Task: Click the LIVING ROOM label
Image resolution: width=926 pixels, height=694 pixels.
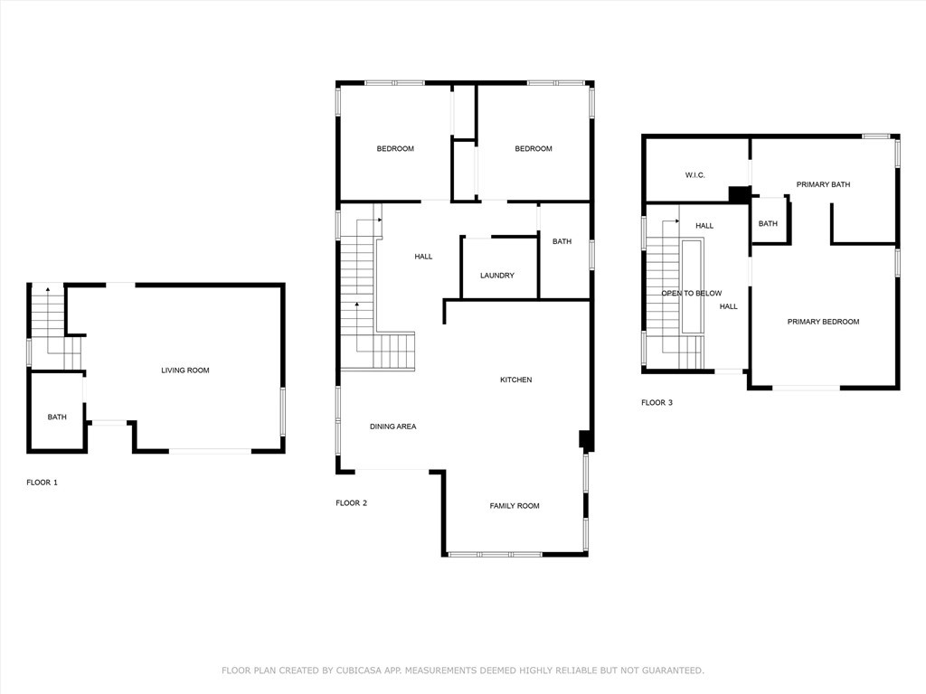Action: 185,370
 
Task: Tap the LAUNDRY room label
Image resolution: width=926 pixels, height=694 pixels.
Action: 497,275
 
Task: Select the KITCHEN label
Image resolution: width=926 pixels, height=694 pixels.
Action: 516,380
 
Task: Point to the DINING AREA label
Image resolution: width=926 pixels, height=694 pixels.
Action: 392,427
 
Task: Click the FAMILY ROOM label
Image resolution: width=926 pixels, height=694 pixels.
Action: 515,505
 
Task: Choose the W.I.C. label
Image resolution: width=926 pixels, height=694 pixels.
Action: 695,174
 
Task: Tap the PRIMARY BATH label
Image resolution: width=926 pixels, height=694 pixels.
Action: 823,184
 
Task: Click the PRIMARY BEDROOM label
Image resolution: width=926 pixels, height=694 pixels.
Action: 823,321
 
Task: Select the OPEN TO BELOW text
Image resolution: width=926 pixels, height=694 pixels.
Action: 692,293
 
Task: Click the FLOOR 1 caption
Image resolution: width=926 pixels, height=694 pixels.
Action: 42,483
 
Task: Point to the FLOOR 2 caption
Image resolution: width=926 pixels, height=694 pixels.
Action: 352,502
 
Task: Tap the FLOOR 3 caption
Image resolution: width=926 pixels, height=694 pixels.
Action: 657,402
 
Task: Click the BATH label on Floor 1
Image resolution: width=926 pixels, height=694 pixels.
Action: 57,417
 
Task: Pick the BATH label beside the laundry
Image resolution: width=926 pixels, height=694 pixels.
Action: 562,240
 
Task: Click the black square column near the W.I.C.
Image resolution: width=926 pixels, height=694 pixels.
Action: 738,195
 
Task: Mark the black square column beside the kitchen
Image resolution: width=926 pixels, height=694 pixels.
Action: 585,440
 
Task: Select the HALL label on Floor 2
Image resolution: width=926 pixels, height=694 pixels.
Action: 423,256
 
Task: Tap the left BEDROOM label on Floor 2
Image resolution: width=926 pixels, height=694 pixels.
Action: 395,148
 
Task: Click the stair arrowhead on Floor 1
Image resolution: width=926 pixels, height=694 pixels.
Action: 48,289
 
